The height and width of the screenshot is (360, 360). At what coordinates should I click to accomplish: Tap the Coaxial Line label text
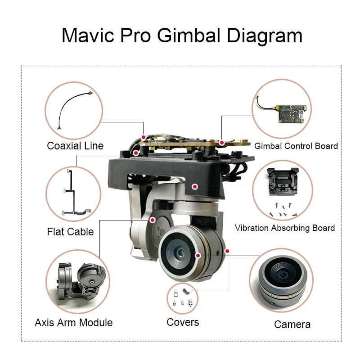[75, 146]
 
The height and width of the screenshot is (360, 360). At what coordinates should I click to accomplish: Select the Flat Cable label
[70, 232]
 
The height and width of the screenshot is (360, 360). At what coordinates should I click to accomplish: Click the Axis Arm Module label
[74, 323]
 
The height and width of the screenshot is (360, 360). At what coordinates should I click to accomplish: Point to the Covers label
[183, 322]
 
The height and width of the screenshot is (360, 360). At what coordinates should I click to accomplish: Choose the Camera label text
[292, 324]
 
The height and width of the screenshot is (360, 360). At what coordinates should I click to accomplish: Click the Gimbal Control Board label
[296, 146]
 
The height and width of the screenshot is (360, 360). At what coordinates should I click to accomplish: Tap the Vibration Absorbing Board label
[285, 228]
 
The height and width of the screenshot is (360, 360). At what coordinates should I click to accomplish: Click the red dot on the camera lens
[198, 256]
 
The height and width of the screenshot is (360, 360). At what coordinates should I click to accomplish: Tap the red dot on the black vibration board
[195, 186]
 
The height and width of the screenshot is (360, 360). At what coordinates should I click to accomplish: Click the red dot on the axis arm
[153, 220]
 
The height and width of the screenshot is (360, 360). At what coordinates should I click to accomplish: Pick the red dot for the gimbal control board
[222, 142]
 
